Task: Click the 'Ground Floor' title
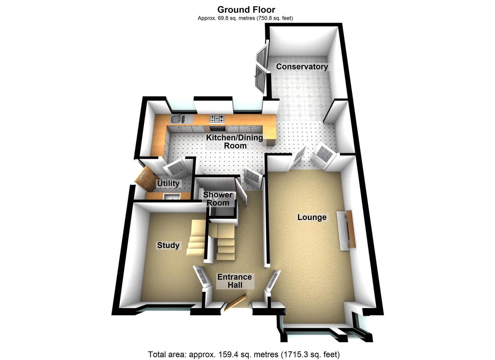[246, 9]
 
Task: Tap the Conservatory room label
[302, 67]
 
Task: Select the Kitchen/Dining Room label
[235, 141]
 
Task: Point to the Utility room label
[168, 183]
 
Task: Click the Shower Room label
[218, 199]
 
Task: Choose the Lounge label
[312, 217]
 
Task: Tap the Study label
[168, 245]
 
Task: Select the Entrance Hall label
[235, 281]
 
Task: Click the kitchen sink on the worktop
[177, 119]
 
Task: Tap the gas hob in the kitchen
[217, 118]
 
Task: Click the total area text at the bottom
[244, 354]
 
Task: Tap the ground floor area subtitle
[245, 18]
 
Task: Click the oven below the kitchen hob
[217, 128]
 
